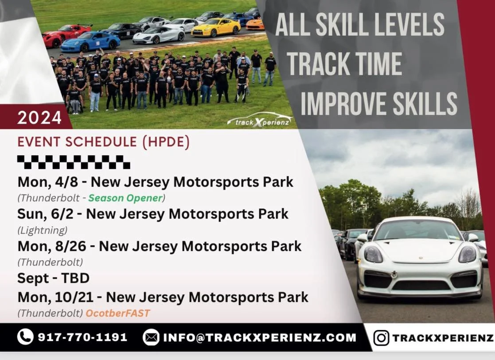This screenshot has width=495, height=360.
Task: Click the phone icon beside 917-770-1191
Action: click(25, 337)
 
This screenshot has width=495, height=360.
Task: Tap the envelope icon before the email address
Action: click(151, 337)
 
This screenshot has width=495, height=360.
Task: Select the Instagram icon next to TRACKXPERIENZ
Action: click(381, 338)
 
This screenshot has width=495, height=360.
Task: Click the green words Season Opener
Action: click(125, 197)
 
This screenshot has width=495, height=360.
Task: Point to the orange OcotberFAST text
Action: click(118, 313)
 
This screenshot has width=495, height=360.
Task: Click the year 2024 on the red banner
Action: click(39, 118)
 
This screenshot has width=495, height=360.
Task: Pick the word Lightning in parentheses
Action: click(43, 230)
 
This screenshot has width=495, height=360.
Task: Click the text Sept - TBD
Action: click(53, 278)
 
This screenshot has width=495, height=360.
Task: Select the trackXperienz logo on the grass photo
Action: click(259, 120)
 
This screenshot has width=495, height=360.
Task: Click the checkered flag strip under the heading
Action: click(74, 162)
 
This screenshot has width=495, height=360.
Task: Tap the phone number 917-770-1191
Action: click(82, 337)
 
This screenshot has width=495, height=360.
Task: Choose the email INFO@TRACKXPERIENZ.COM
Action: click(259, 337)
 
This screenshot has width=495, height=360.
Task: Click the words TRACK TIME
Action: click(344, 63)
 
